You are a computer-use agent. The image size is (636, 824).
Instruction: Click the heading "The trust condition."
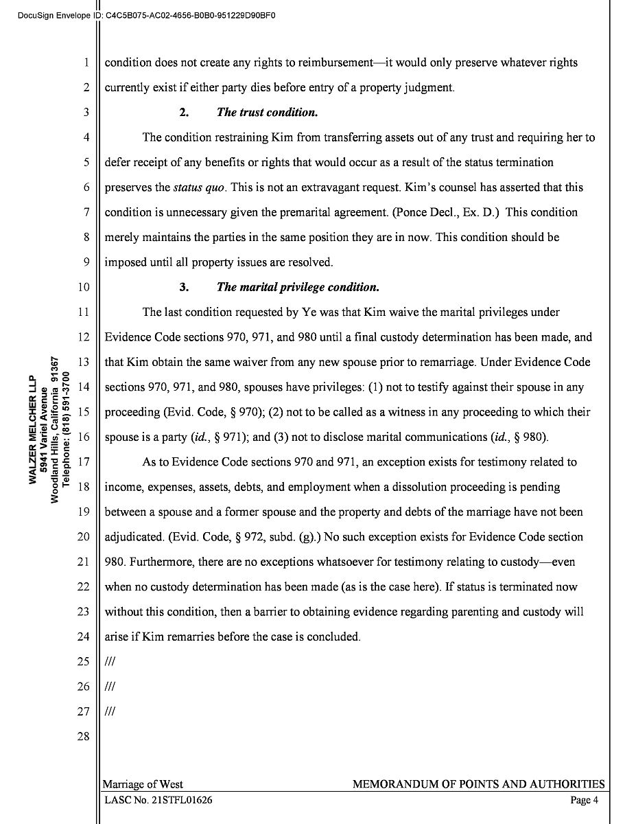click(267, 113)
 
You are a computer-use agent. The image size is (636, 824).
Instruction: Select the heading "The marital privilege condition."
click(297, 287)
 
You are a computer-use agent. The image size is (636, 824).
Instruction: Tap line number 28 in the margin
click(84, 737)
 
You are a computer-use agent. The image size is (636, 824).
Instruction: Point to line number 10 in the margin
click(84, 287)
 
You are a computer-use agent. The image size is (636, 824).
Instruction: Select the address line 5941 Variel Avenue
click(43, 429)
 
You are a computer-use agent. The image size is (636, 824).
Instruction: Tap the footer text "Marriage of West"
click(143, 784)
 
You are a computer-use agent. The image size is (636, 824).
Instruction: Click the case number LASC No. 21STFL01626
click(158, 800)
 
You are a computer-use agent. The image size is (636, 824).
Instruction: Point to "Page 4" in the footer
click(585, 800)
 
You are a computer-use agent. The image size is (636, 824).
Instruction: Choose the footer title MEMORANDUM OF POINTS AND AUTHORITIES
click(478, 784)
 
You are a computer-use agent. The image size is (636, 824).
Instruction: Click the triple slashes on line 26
click(109, 687)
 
